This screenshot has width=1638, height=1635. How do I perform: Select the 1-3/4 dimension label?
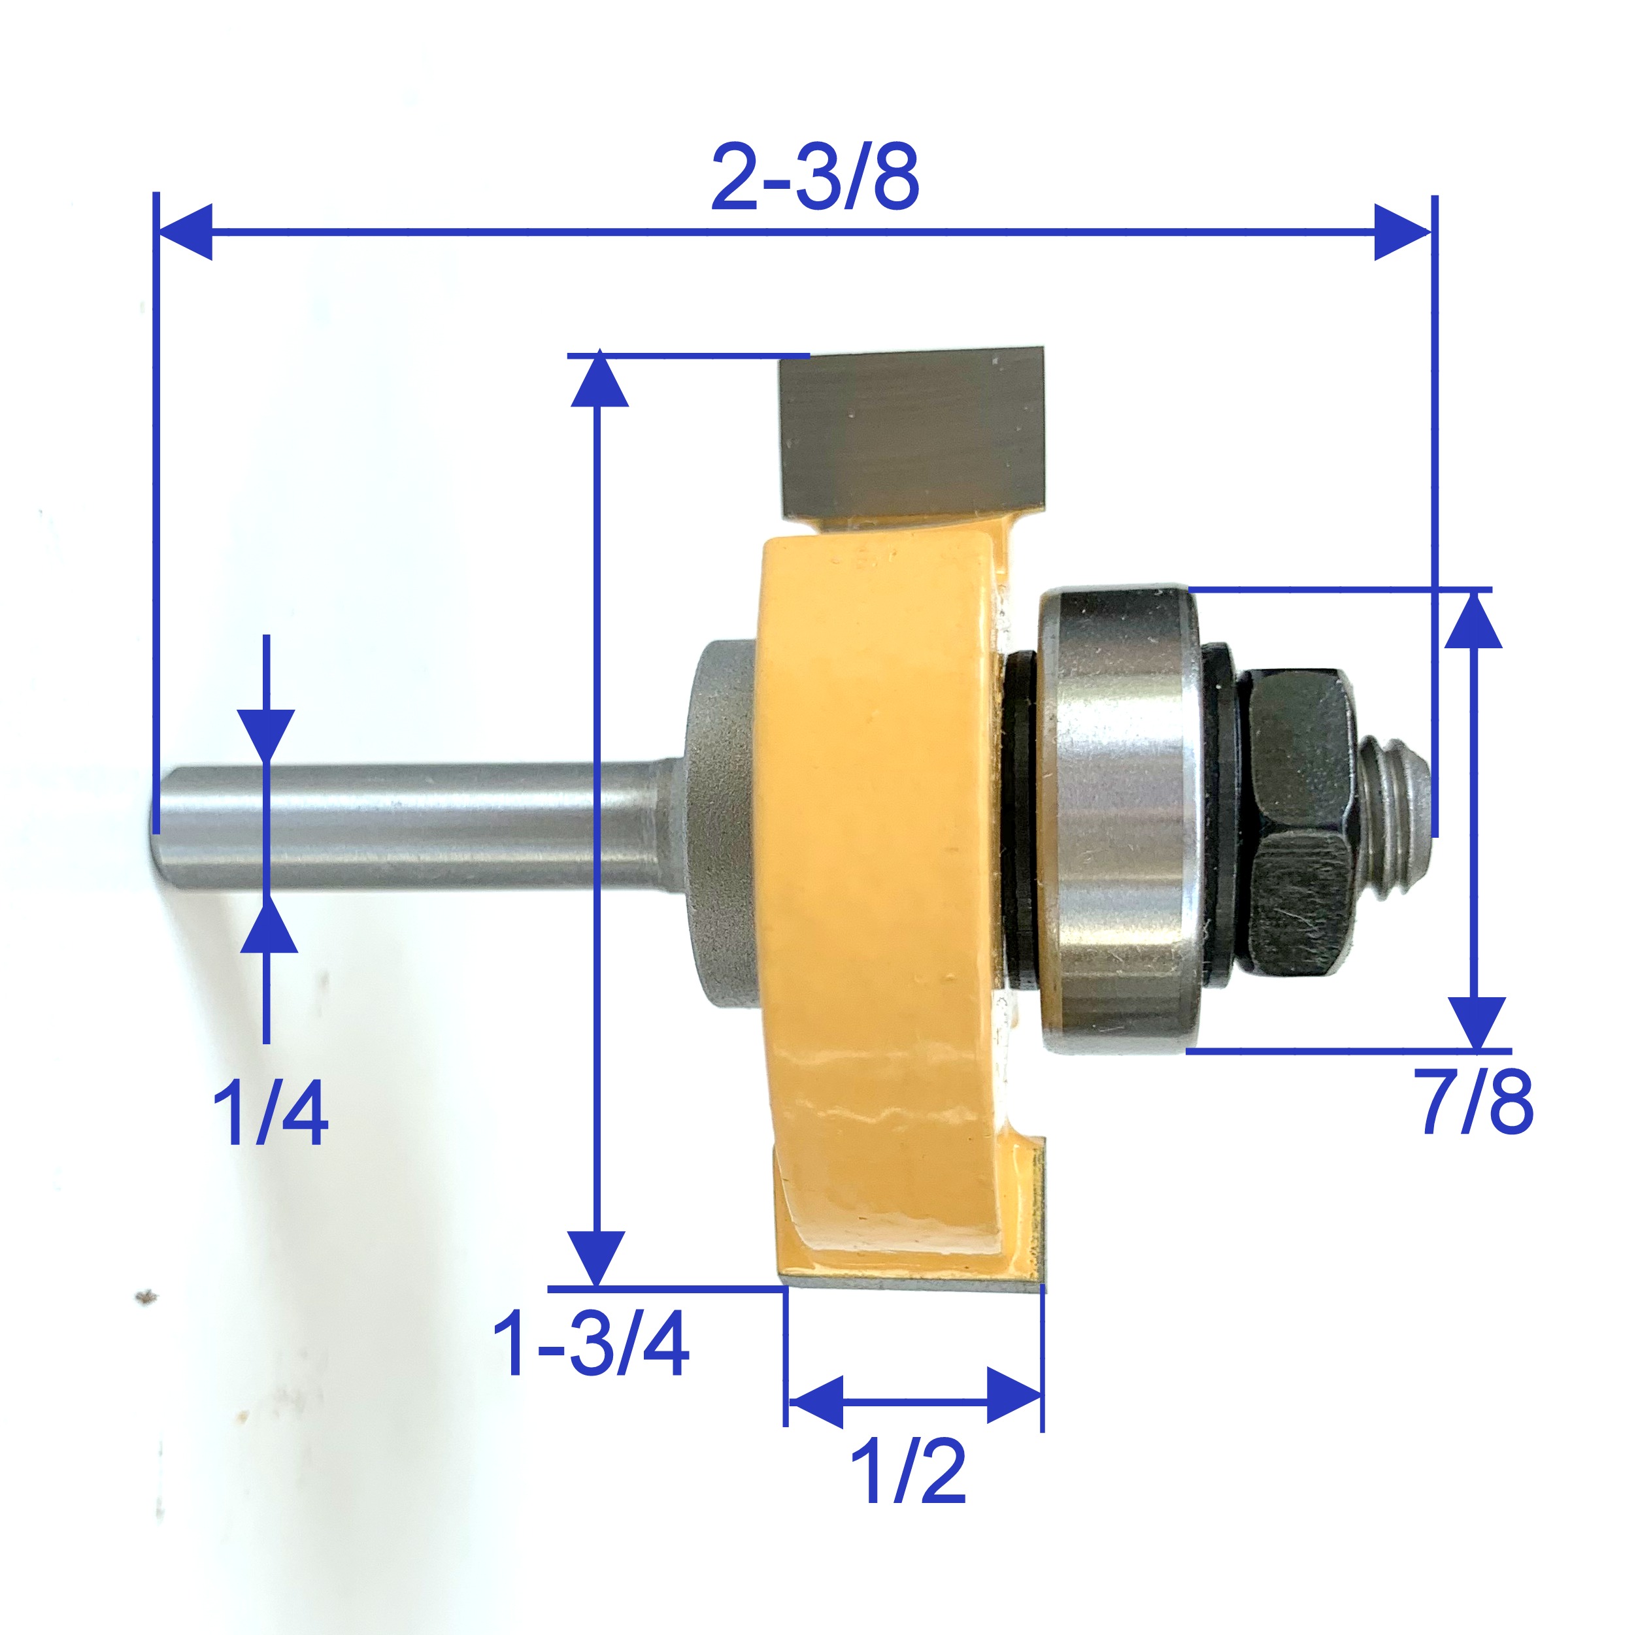click(x=590, y=1344)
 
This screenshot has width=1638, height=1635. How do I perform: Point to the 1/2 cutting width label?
click(x=907, y=1472)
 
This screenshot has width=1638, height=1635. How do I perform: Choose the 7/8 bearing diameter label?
click(x=1477, y=1101)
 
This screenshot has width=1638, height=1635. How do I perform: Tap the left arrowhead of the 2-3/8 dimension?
click(x=185, y=231)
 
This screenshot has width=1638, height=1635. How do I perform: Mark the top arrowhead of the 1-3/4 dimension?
click(x=599, y=380)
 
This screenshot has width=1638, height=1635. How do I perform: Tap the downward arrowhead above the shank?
click(x=266, y=734)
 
